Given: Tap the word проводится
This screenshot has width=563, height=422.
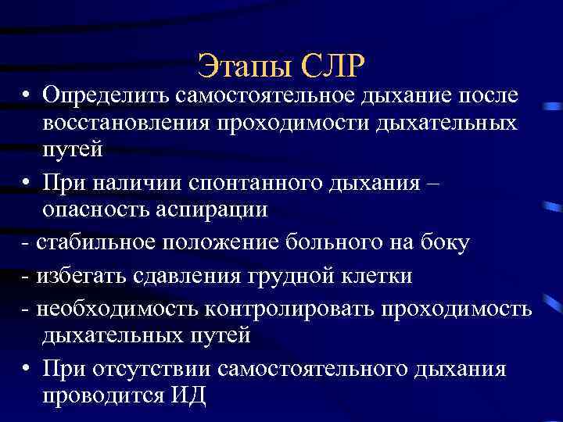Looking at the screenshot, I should click(99, 395).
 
